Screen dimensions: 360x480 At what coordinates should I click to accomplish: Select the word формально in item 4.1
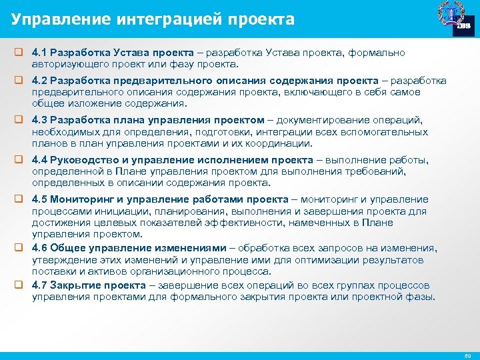tap(379, 52)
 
